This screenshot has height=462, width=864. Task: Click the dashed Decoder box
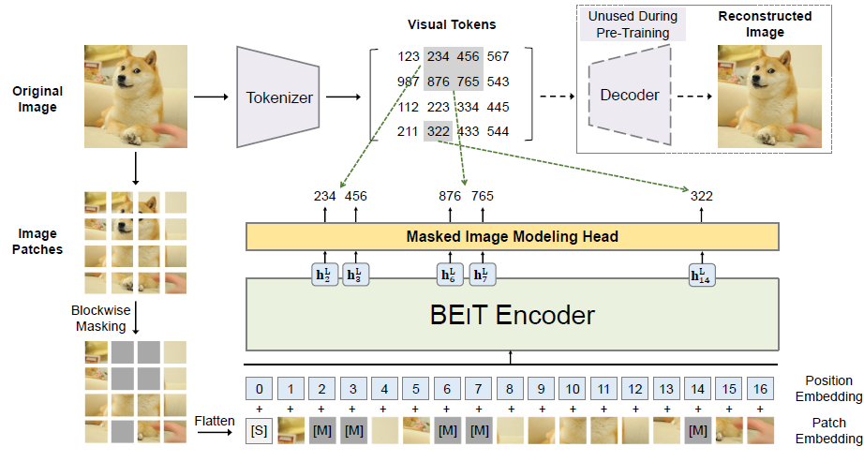click(x=629, y=96)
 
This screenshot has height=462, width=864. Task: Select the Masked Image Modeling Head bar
click(x=512, y=237)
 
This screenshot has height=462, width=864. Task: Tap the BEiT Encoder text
click(x=512, y=315)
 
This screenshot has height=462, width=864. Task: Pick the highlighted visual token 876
click(x=439, y=82)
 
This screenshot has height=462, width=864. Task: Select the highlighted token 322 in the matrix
click(x=439, y=131)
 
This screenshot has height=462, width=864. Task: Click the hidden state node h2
click(x=324, y=276)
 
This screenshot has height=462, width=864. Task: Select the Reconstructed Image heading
click(x=764, y=25)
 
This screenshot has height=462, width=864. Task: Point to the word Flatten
click(x=216, y=422)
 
